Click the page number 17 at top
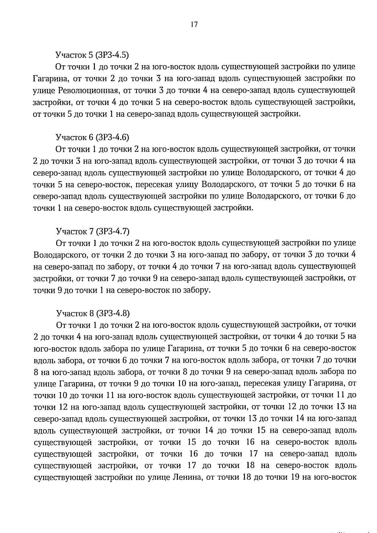pyautogui.click(x=194, y=24)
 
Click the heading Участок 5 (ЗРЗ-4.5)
pyautogui.click(x=92, y=55)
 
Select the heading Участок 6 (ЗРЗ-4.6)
pyautogui.click(x=92, y=137)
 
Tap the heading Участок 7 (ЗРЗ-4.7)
pyautogui.click(x=92, y=231)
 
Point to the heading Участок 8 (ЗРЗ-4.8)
pyautogui.click(x=93, y=313)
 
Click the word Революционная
pyautogui.click(x=88, y=91)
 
